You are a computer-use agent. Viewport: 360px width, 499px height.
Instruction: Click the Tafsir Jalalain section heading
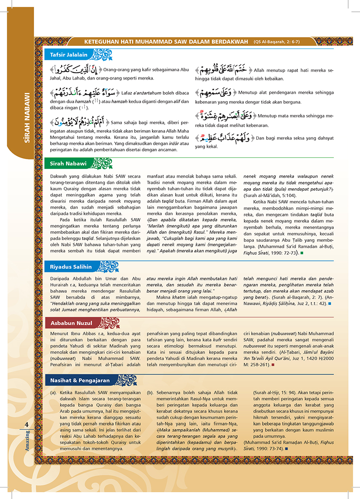69,54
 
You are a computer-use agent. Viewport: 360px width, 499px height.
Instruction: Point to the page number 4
27,424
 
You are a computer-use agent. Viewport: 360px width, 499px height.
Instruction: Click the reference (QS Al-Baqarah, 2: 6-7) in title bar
276,41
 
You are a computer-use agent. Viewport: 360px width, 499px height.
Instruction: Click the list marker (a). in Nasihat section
53,392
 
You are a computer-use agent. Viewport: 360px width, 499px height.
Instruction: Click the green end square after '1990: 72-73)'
301,253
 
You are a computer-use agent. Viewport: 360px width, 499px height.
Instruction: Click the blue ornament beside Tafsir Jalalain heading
102,54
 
